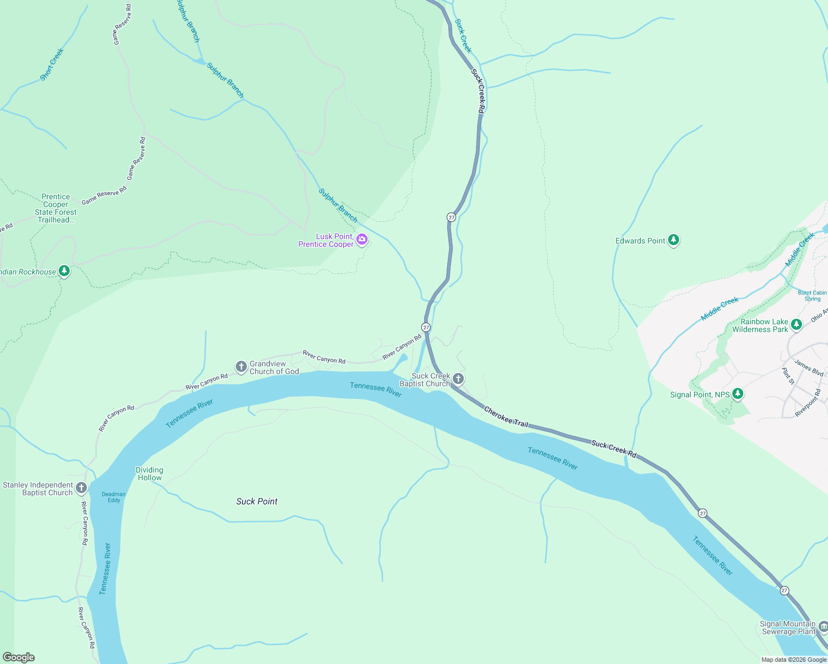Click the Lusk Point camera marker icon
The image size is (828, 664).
click(362, 240)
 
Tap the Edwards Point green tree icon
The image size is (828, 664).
click(674, 240)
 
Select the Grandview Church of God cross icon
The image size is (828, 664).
click(241, 366)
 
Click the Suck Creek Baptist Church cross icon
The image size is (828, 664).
click(458, 379)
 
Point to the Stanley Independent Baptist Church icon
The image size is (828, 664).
click(81, 488)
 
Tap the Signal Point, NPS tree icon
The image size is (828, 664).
click(737, 394)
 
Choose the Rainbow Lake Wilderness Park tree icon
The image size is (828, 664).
click(796, 325)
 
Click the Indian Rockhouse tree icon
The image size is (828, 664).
click(65, 271)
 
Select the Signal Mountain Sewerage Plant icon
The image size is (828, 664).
click(823, 627)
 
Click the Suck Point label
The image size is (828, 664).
click(257, 501)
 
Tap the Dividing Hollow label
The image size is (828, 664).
click(149, 474)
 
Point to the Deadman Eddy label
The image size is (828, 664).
click(113, 497)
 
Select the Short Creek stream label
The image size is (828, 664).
click(52, 64)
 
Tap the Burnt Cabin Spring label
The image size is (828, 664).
click(812, 295)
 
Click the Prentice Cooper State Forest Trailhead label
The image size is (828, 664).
click(56, 208)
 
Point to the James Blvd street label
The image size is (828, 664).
click(809, 368)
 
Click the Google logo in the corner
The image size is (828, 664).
click(19, 657)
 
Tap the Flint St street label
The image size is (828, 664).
click(788, 376)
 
